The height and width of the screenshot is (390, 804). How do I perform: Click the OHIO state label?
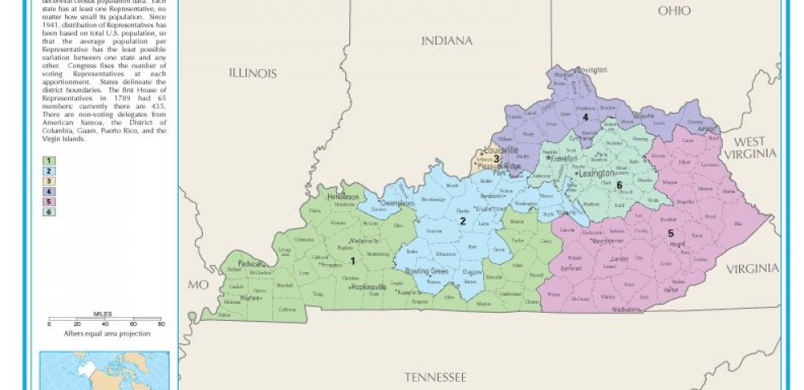click(674, 11)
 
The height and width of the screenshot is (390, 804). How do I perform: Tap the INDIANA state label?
click(447, 41)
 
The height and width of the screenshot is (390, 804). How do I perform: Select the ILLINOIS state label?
click(253, 73)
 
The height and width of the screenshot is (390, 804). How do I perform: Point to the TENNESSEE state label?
click(436, 377)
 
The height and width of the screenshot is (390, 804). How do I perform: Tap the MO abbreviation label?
click(198, 285)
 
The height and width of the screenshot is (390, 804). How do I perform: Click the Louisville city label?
click(501, 150)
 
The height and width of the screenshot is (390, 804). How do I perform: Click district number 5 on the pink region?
click(671, 234)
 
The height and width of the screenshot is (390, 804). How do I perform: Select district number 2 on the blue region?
click(462, 221)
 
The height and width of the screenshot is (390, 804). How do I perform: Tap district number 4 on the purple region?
click(585, 118)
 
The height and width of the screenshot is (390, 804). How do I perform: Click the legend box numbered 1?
click(50, 160)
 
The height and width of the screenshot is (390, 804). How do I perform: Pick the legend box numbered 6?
click(50, 213)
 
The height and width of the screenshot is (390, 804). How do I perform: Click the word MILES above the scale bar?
click(102, 314)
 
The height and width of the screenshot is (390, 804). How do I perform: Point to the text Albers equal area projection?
click(104, 333)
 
